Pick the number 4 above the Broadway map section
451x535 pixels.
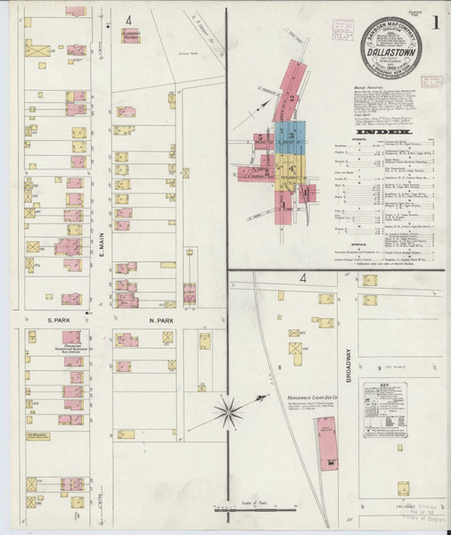coord(303,279)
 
